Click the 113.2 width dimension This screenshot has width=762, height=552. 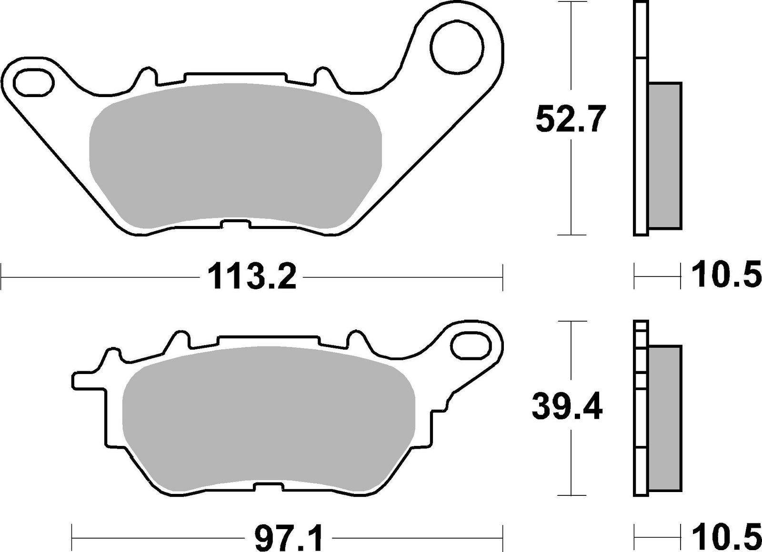coord(252,276)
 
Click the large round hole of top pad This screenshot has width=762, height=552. coord(457,49)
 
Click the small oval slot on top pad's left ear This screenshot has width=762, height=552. coord(33,81)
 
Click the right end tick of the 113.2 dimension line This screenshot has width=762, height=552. coord(502,276)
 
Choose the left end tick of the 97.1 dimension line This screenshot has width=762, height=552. coord(71,537)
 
